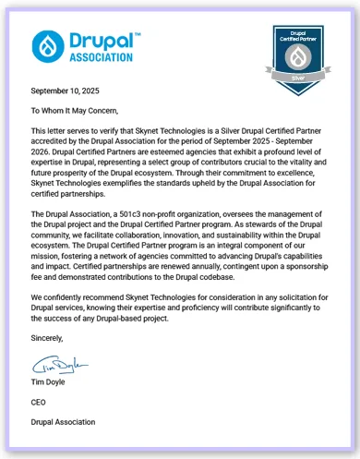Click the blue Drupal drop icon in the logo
click(x=47, y=45)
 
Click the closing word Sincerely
click(x=48, y=338)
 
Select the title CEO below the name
click(x=40, y=403)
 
